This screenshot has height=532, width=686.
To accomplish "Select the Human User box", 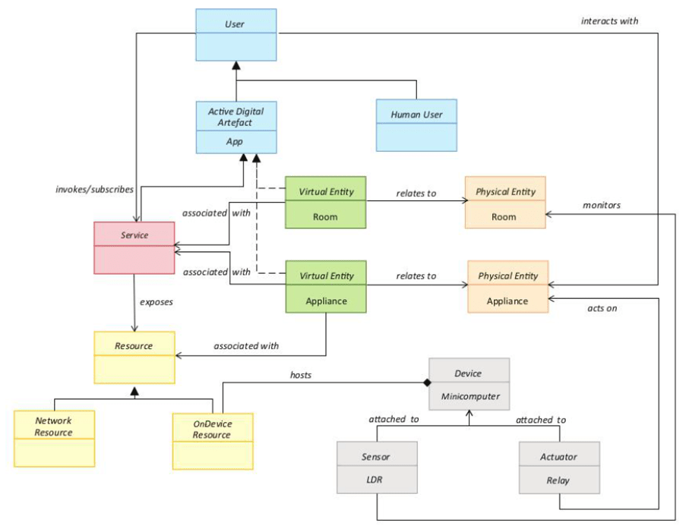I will coord(416,124).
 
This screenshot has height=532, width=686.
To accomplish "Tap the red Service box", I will coord(134,247).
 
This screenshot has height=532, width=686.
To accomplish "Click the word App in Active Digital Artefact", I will coord(235,141).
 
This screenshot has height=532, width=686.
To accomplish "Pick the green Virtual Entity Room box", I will coord(326,203).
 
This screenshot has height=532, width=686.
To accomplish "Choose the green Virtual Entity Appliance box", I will coord(326,287).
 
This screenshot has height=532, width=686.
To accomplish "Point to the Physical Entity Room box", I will coord(505,203).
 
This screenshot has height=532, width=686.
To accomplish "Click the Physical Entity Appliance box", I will coord(507,287).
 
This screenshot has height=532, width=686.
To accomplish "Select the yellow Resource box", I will coord(134,357).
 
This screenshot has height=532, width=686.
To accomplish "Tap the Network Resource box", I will coord(54,439).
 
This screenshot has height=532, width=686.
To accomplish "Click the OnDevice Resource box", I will coord(212,441).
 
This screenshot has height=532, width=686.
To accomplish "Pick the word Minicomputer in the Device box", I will coord(469,396).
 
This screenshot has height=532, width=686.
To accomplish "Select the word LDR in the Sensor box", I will coord(377,480).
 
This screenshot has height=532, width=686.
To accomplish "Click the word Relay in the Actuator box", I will coord(558,480).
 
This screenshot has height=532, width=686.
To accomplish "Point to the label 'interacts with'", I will coord(609,20).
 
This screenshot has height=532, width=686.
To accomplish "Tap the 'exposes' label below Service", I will coord(156,302).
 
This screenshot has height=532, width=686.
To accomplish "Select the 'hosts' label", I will coord(301,375).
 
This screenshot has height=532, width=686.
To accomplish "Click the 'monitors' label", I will coord(602,205).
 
